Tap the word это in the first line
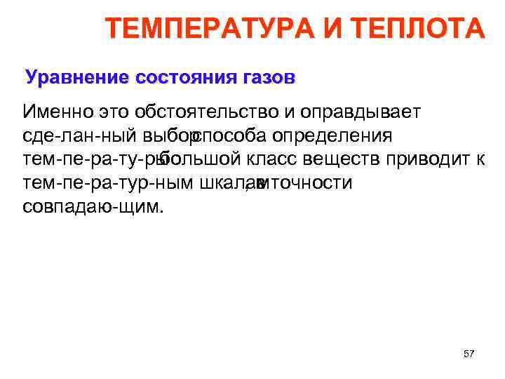(x=115, y=112)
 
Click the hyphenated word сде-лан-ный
(x=79, y=135)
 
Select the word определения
(x=333, y=135)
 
